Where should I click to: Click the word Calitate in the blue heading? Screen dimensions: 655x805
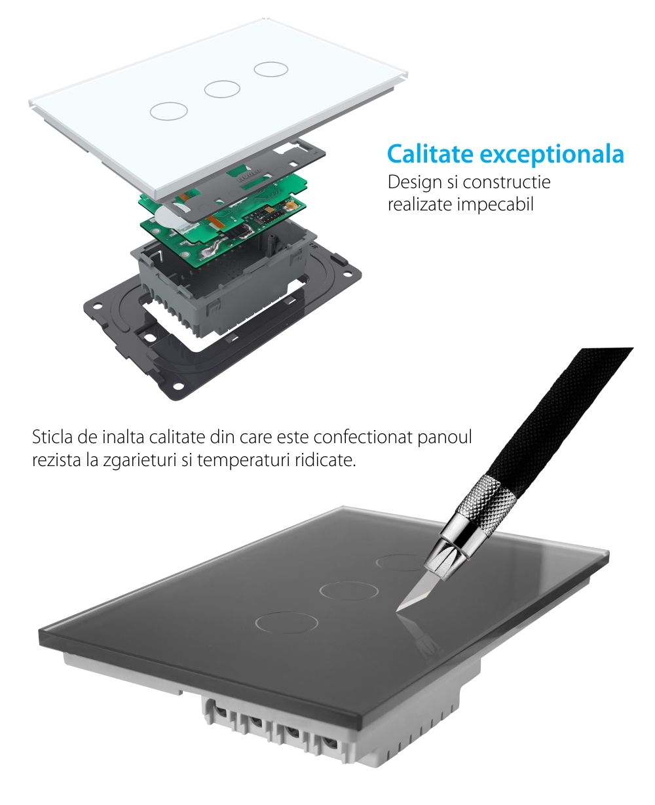[x=430, y=153]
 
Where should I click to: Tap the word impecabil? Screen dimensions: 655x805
[x=495, y=205]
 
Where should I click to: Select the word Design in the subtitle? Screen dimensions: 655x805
[x=415, y=182]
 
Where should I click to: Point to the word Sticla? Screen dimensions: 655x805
[x=52, y=437]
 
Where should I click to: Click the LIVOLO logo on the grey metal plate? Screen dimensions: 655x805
[x=249, y=176]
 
